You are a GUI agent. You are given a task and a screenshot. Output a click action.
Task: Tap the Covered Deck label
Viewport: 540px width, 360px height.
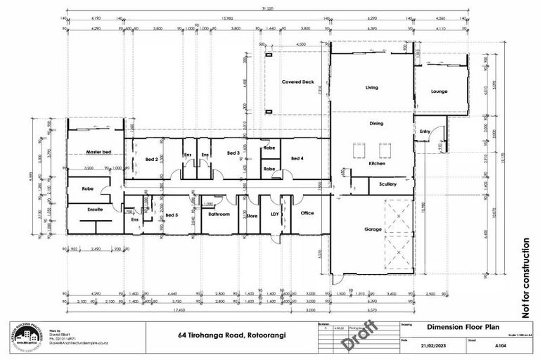click(x=297, y=82)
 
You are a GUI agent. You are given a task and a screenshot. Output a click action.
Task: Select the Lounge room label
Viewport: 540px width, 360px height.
click(x=439, y=91)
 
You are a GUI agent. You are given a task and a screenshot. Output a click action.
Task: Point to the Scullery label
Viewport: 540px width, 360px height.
click(x=387, y=184)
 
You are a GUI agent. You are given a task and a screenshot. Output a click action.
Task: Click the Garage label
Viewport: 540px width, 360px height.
click(x=373, y=229)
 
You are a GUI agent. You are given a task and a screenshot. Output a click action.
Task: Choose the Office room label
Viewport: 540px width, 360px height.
click(x=307, y=213)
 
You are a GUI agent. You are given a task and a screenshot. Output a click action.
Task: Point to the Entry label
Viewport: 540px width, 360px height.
click(x=425, y=131)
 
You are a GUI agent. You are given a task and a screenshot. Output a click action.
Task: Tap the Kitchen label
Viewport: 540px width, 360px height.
click(x=378, y=164)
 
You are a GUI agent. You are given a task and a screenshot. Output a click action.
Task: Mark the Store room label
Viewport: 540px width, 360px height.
click(x=252, y=215)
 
